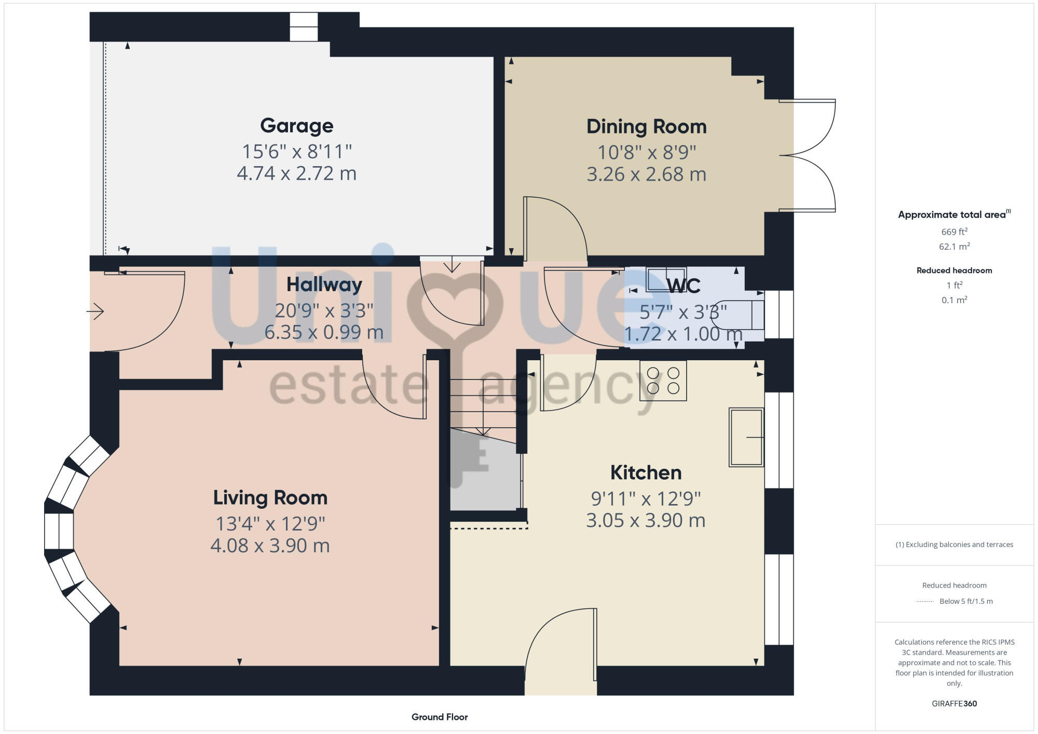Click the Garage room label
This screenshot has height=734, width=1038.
pos(296,126)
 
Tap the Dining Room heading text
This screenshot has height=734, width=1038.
pos(646,127)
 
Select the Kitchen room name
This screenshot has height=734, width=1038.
pos(646,472)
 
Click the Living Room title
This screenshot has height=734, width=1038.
pos(270,497)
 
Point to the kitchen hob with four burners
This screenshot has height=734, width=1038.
pos(663,380)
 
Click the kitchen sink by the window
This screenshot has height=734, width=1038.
pos(746,437)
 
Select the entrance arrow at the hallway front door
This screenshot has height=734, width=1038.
pos(95,311)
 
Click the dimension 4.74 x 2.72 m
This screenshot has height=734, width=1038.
pos(296,173)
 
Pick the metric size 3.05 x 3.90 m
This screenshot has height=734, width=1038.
pos(646,520)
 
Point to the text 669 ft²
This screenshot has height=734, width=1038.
pos(954,232)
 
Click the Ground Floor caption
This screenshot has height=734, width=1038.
pos(440,717)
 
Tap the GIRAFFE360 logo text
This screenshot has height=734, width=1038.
pos(954,703)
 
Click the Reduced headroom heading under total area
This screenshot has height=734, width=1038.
pos(954,270)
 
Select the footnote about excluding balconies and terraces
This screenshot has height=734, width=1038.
pos(954,545)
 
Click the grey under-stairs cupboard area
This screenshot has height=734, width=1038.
pos(484,475)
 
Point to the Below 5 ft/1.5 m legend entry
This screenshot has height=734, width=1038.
pos(965,601)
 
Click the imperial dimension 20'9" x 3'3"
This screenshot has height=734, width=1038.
pos(324,310)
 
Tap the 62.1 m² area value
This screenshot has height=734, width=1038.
pos(954,247)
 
